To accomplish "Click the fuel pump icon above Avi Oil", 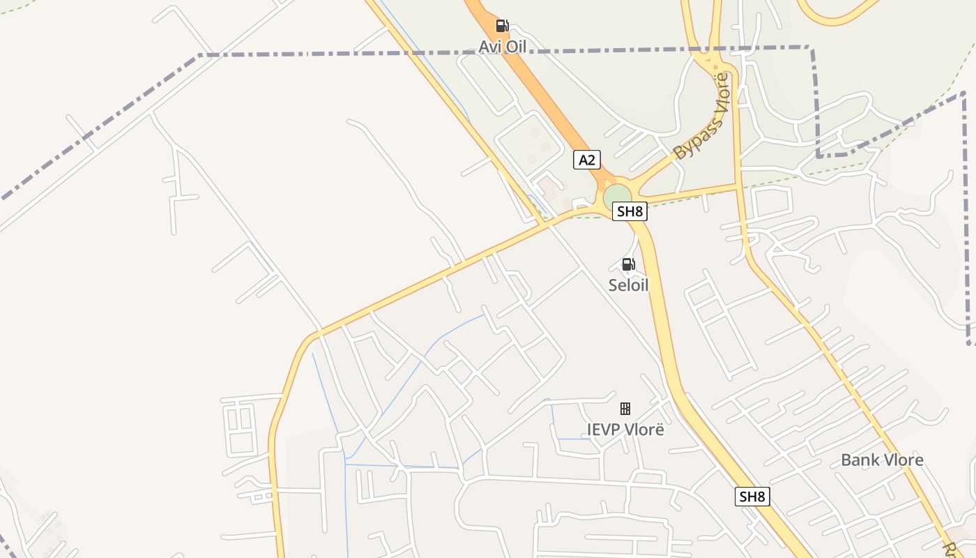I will (502, 27).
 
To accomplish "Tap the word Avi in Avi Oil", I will (490, 47).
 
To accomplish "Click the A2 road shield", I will (587, 160).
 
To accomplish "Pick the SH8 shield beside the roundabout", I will (630, 211).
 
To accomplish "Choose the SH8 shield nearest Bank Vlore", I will (752, 497).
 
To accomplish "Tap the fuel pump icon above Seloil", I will (628, 264).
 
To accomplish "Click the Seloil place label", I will (628, 285).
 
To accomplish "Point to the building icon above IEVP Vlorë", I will (625, 409).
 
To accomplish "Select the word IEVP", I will (603, 430).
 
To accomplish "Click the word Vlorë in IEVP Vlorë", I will (644, 430).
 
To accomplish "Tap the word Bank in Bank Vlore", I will (860, 460).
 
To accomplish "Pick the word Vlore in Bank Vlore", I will (903, 460).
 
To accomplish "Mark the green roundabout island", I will (617, 196).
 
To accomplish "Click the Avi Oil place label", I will (502, 47).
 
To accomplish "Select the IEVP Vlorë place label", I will (625, 430).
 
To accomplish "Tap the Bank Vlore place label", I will (882, 460).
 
